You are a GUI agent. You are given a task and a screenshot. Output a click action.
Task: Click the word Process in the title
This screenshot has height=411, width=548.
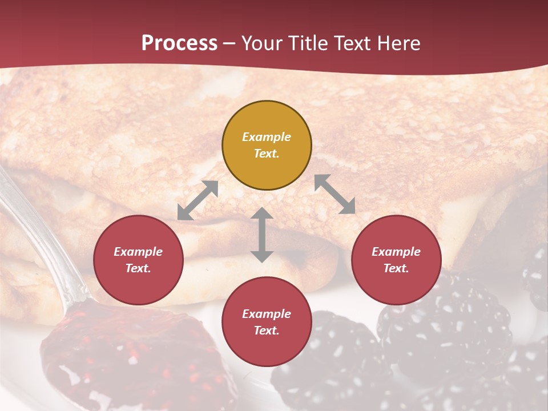pyautogui.click(x=179, y=43)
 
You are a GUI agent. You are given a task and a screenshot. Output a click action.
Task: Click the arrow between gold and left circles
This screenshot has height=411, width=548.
pyautogui.click(x=198, y=200)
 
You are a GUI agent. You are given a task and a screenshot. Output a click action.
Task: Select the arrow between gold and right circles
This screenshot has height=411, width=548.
pyautogui.click(x=335, y=194)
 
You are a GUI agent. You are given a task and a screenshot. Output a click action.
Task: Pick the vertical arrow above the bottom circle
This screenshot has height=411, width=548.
pyautogui.click(x=262, y=235)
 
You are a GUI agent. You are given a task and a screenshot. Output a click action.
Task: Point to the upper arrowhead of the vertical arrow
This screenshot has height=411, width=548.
pyautogui.click(x=262, y=212)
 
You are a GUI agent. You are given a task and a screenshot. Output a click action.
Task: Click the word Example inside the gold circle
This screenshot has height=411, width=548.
pyautogui.click(x=267, y=137)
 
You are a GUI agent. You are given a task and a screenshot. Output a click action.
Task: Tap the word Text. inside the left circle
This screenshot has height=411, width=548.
pyautogui.click(x=138, y=268)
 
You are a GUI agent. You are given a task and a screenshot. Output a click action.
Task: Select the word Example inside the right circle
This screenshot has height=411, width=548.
pyautogui.click(x=396, y=252)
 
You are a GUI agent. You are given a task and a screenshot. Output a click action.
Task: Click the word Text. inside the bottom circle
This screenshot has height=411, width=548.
pyautogui.click(x=267, y=331)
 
